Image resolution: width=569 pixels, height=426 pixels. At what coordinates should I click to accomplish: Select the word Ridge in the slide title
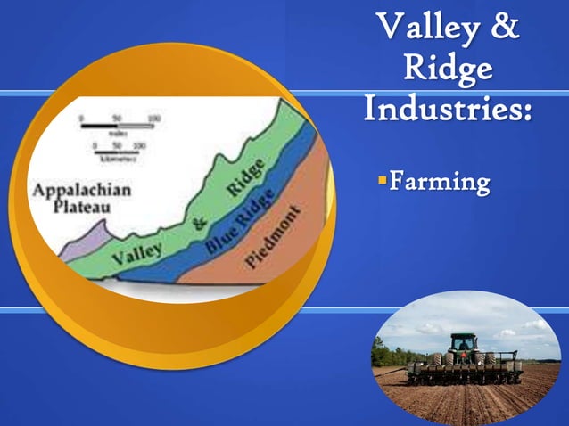click(448, 70)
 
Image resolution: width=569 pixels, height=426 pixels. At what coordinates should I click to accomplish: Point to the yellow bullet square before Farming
click(382, 182)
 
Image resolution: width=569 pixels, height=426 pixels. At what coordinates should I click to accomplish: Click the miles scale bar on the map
click(117, 127)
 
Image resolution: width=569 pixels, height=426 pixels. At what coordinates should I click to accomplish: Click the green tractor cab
click(463, 343)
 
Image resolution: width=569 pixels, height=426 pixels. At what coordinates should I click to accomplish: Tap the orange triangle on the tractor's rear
click(464, 357)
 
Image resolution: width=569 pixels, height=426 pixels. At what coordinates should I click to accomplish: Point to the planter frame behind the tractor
click(464, 370)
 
